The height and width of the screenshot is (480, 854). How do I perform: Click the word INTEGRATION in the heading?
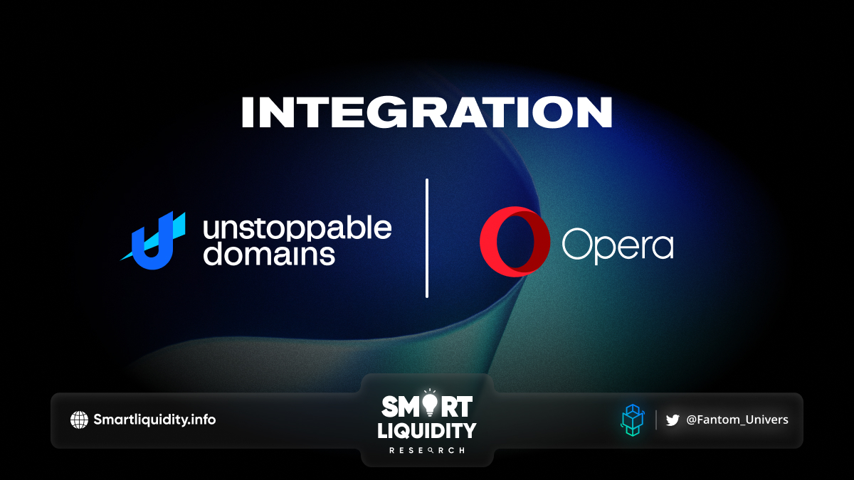426,112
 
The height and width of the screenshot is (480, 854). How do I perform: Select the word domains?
269,253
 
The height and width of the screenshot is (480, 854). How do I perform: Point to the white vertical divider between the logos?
427,238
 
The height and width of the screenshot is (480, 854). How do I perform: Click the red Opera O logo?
515,242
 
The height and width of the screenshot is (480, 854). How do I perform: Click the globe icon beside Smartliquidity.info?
79,420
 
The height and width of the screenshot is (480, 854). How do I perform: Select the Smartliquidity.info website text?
154,420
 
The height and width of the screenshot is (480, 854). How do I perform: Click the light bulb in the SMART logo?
430,403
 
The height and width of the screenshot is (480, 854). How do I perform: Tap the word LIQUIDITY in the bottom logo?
426,431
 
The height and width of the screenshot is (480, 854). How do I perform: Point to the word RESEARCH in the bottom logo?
426,450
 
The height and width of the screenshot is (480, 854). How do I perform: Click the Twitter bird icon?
673,420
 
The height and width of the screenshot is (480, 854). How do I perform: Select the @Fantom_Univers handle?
737,420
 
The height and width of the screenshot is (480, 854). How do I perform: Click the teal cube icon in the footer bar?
632,420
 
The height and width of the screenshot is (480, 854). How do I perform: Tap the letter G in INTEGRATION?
388,112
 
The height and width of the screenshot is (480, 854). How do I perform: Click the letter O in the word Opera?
576,244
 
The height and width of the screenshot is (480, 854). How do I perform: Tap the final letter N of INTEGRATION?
594,112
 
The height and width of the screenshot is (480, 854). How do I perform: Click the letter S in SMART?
391,407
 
